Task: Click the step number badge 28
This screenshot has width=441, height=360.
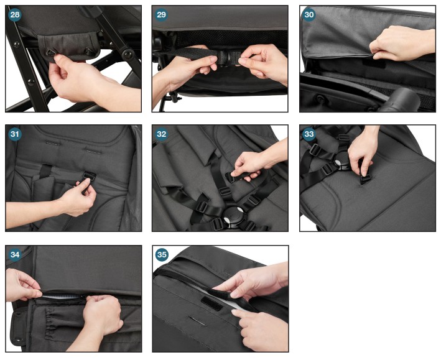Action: pyautogui.click(x=15, y=14)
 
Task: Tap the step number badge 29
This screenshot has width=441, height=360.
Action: pyautogui.click(x=162, y=14)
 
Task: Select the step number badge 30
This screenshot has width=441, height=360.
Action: pyautogui.click(x=309, y=14)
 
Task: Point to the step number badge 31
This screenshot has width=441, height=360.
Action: pyautogui.click(x=15, y=134)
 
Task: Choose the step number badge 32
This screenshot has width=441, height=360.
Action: pyautogui.click(x=162, y=134)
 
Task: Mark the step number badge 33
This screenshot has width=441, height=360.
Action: pyautogui.click(x=309, y=134)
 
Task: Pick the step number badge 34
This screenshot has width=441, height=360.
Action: pyautogui.click(x=15, y=254)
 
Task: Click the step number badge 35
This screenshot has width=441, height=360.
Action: pyautogui.click(x=162, y=254)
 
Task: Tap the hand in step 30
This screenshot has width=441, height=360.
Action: pyautogui.click(x=401, y=44)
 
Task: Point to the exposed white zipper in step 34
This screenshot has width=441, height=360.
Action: pyautogui.click(x=63, y=297)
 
